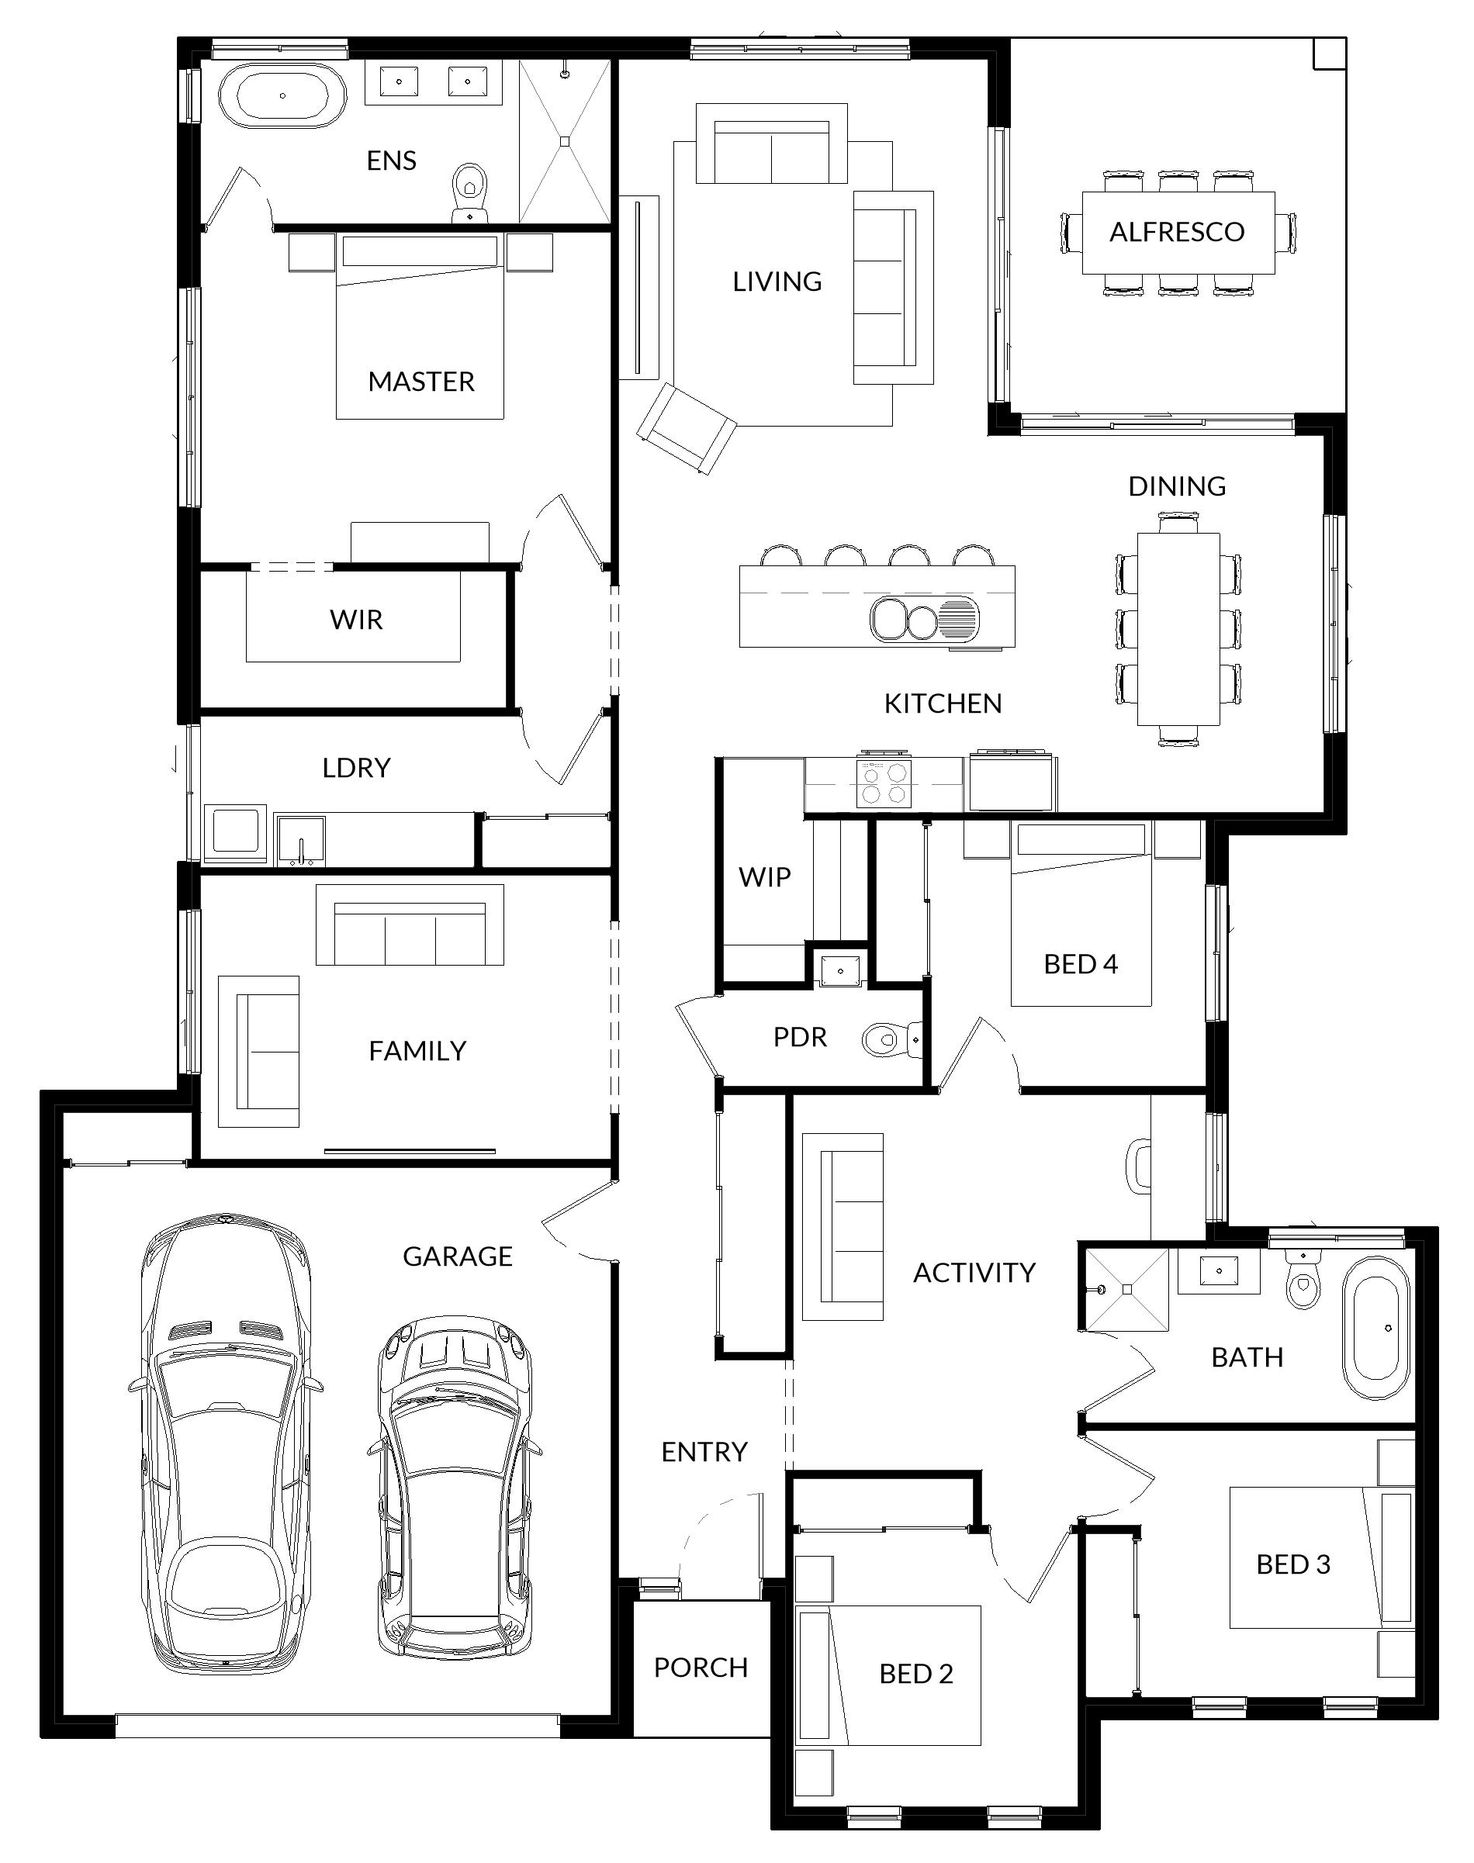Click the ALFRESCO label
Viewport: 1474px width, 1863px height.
[x=1176, y=231]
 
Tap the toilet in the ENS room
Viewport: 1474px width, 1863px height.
[x=469, y=192]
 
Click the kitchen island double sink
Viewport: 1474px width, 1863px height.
[x=904, y=620]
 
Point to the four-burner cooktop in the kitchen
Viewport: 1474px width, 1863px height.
[x=884, y=783]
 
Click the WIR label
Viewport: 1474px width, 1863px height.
[x=355, y=619]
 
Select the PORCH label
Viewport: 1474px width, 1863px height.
[x=700, y=1667]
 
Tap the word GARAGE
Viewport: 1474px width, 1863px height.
[x=458, y=1256]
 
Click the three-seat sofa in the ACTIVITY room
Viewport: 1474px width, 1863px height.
[x=843, y=1226]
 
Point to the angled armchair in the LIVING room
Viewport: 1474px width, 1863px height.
[x=687, y=429]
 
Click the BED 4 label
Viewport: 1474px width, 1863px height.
[x=1081, y=963]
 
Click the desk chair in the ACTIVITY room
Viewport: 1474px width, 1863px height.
[x=1140, y=1166]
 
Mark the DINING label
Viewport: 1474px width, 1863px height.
[x=1176, y=486]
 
